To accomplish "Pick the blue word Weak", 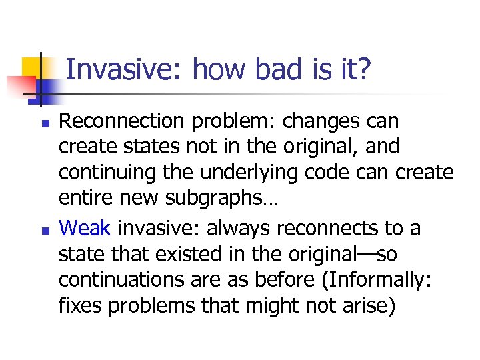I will pyautogui.click(x=85, y=229).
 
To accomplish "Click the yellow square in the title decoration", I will pyautogui.click(x=33, y=69).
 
